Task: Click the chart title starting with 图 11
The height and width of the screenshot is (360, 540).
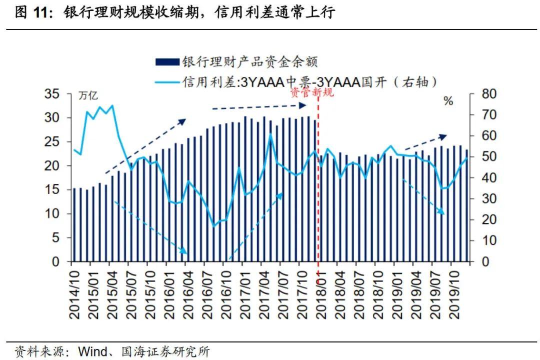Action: click(175, 13)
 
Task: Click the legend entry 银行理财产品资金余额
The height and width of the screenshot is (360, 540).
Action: click(250, 61)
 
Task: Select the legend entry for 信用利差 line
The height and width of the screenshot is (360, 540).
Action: click(309, 82)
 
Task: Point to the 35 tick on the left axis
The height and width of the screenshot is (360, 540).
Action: click(52, 94)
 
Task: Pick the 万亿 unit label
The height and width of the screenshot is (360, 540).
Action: click(89, 96)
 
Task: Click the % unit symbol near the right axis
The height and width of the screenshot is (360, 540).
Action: click(448, 101)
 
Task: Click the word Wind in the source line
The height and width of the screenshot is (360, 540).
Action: click(92, 351)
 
